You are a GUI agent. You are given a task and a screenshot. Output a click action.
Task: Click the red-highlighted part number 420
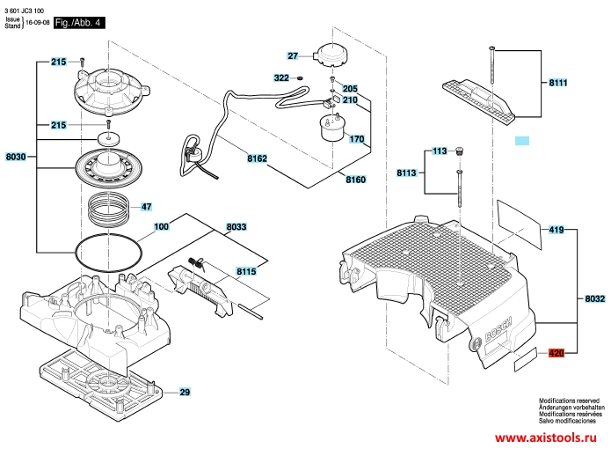coord(556,353)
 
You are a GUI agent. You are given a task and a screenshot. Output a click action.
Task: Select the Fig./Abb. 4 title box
coord(79,23)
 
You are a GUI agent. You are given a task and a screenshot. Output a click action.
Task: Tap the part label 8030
coord(16,157)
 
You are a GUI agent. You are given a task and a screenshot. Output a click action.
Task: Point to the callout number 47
coord(146,206)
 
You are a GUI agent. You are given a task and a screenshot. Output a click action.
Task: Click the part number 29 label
coord(185,392)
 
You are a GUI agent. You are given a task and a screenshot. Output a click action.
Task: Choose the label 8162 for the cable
coord(258,158)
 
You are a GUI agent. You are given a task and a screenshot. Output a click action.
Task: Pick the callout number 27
coord(293,55)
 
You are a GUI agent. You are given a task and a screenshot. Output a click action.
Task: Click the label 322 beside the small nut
coord(281,78)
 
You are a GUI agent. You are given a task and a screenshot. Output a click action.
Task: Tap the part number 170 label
coord(357,139)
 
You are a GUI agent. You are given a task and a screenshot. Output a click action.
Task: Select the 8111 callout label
coord(558,83)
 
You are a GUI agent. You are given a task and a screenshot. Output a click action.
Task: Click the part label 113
coord(440,151)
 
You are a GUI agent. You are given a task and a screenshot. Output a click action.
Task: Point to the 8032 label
coord(595,298)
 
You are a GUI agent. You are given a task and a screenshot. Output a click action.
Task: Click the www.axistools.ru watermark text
coord(546,438)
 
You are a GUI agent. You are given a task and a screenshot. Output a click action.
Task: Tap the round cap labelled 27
coord(332,56)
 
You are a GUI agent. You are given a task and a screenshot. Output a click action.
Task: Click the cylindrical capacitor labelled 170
coord(333,127)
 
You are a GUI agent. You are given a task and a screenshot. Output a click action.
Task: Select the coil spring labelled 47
coord(108,211)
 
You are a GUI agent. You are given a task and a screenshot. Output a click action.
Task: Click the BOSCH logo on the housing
coord(498,329)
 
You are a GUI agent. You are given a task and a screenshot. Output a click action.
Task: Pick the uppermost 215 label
coord(58,62)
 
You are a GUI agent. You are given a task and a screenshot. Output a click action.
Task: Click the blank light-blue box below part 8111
coord(522,141)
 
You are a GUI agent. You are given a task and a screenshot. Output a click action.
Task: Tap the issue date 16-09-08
coord(38,23)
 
